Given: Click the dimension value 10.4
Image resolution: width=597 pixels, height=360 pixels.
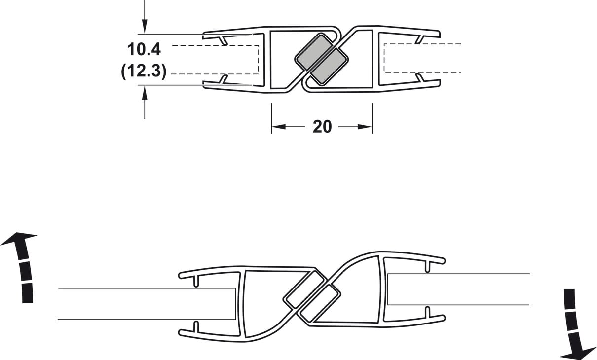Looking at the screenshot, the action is [144, 50].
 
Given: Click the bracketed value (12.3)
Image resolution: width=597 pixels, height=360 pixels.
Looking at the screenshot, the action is [144, 72].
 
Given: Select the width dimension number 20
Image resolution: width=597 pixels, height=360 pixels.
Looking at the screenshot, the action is [322, 127].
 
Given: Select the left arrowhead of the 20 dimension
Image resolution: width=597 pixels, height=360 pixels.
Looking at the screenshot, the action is [279, 127].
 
